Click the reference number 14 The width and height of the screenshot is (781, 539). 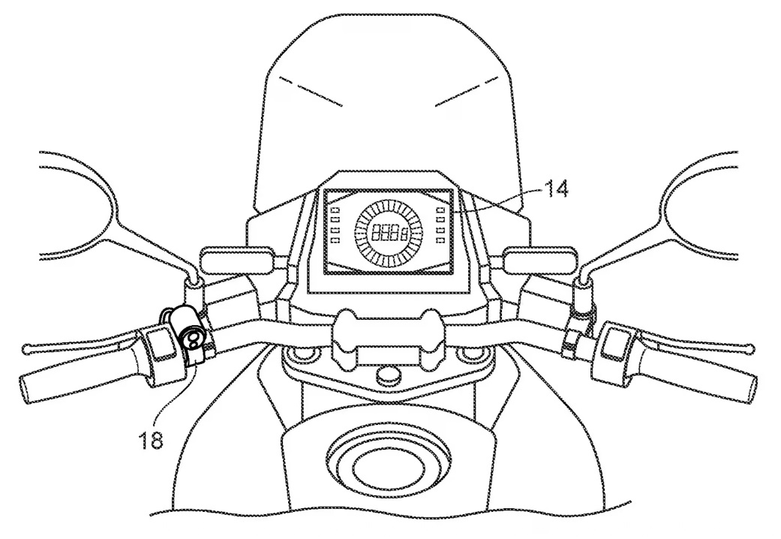click(x=555, y=189)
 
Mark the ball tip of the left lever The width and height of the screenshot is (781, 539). click(x=27, y=349)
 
